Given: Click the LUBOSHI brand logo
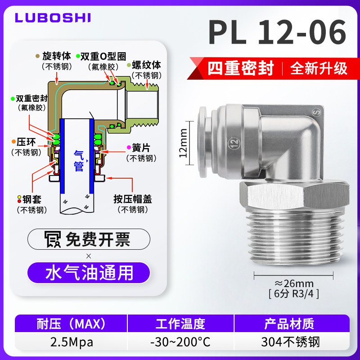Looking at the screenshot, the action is (53, 18).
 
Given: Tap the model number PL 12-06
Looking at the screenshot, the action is (277, 32).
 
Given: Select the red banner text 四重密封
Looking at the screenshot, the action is (241, 68).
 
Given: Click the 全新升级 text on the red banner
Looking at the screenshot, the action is (319, 68).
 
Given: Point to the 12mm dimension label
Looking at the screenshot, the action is (183, 143).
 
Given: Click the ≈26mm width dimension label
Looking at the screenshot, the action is (294, 283).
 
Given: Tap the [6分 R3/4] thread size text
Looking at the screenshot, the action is (294, 294).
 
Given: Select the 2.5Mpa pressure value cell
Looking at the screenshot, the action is (72, 342).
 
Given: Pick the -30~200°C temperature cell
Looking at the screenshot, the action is (180, 342).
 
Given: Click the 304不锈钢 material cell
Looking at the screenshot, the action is (291, 342).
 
